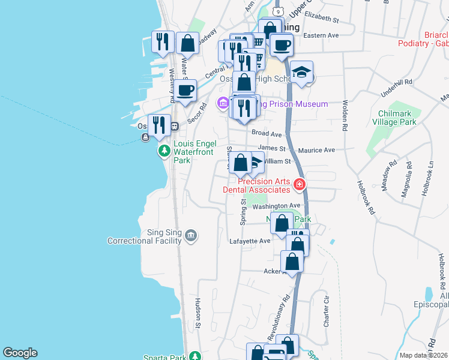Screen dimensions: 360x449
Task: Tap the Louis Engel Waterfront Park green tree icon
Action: [x=164, y=150]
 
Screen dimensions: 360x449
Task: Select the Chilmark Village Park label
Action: [x=398, y=117]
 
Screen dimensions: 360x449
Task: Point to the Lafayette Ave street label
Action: [x=250, y=241]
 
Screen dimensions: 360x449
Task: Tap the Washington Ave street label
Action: [x=276, y=206]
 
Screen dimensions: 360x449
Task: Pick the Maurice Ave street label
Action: [x=321, y=150]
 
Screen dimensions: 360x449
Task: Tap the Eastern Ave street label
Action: [x=321, y=35]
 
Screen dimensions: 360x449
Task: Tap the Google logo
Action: [x=20, y=353]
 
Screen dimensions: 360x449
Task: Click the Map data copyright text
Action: [x=423, y=355]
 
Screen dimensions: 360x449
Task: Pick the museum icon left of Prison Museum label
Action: [x=223, y=103]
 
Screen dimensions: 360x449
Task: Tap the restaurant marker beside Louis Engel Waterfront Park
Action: [x=159, y=125]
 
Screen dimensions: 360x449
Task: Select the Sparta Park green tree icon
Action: [x=195, y=356]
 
